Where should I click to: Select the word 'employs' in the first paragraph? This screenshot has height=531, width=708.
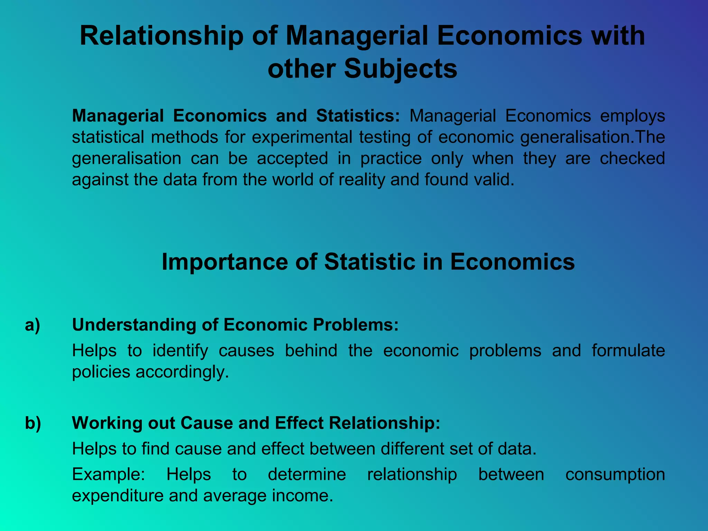[632, 116]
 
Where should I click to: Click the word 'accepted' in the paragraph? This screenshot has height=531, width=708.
[292, 159]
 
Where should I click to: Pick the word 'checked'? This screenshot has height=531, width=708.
[632, 159]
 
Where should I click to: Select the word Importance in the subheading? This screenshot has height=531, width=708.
[225, 262]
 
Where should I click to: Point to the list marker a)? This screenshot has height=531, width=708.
[32, 325]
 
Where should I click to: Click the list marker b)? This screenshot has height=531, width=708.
[33, 423]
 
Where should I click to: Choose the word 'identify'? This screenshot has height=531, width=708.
[180, 351]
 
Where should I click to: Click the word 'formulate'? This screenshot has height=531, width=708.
[628, 351]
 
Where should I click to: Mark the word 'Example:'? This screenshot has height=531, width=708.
[109, 474]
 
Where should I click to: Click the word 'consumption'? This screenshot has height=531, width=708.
[615, 474]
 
